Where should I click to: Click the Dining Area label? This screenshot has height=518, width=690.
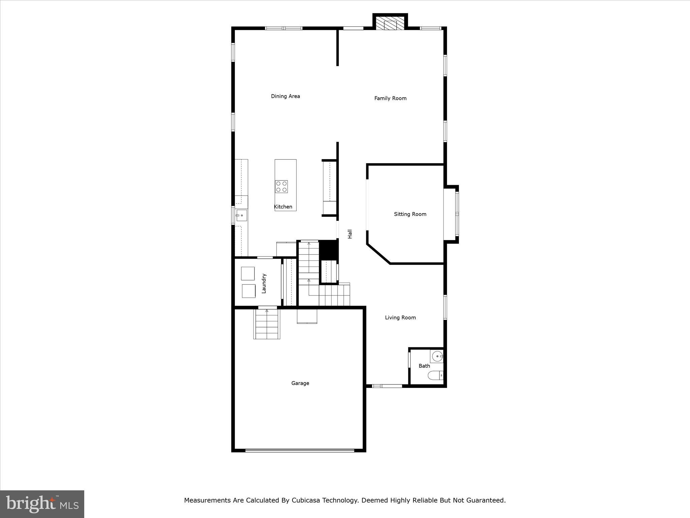point(285,96)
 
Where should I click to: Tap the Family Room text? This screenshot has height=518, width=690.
point(390,98)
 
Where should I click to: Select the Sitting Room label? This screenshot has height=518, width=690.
point(410,214)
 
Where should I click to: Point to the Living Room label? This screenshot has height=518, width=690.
point(400,318)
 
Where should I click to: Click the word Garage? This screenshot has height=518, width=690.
point(300,383)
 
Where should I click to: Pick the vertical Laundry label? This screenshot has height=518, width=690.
point(264,283)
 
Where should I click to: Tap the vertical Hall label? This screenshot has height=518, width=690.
point(350,234)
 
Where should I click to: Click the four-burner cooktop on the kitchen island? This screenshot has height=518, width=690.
point(281,186)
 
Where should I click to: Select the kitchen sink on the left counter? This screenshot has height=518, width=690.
point(241,215)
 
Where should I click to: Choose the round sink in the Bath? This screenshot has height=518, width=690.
point(437,356)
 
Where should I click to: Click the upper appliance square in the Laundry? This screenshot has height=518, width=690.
point(248,274)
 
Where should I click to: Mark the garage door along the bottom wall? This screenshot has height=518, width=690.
point(300,450)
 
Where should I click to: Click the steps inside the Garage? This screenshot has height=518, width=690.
point(267,324)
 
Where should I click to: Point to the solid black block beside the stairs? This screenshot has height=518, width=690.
point(328,250)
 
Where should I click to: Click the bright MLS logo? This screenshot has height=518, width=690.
point(42,504)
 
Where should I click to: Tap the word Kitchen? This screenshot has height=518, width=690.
point(283,207)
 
